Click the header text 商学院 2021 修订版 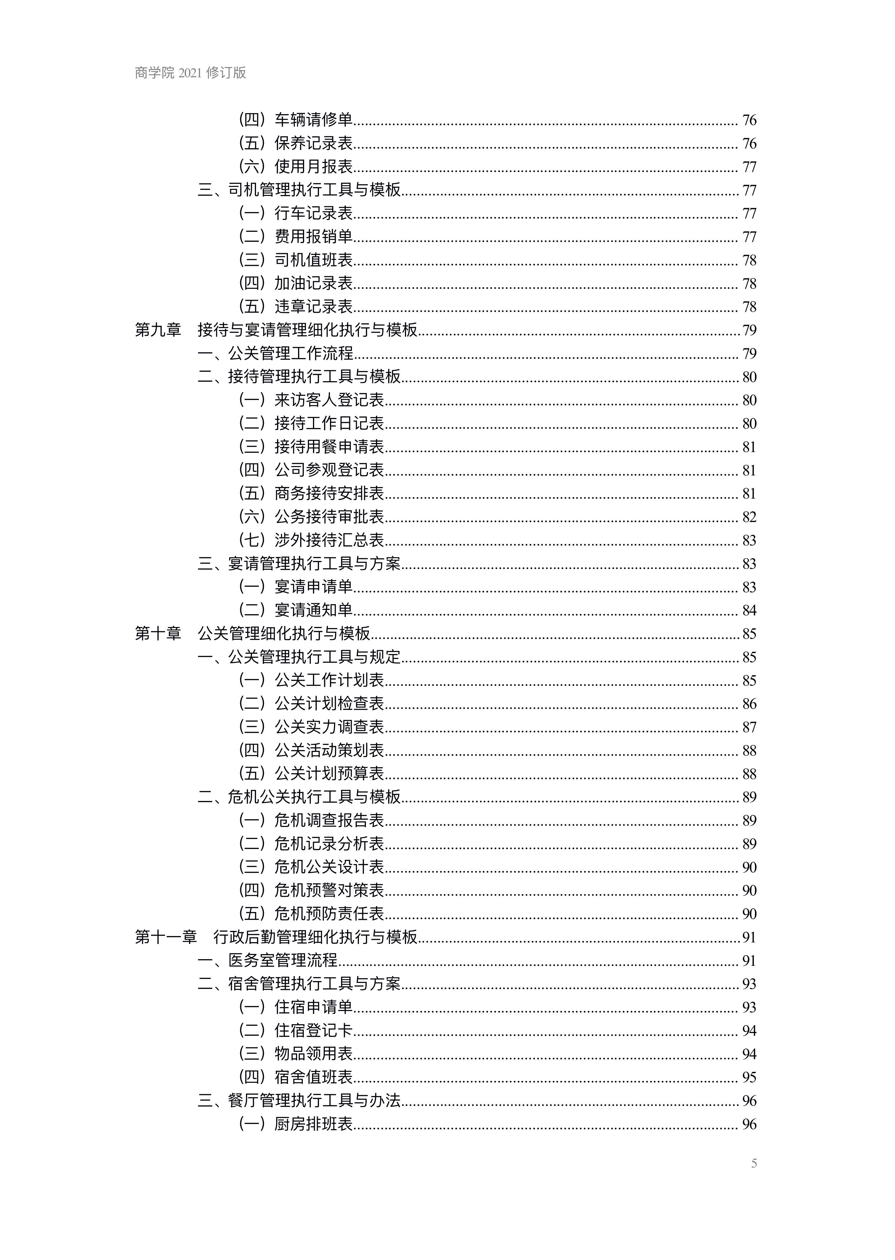coord(190,73)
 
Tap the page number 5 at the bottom coord(754,1163)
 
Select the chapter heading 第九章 coord(158,330)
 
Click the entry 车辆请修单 coord(314,120)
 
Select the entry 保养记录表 coord(314,143)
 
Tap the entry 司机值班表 coord(314,260)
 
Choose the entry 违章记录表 coord(314,307)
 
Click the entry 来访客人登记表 coord(329,400)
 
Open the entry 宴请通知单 coord(314,610)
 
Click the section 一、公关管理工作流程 coord(276,353)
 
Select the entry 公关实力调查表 coord(329,727)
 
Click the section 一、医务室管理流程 coord(268,960)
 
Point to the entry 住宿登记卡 coord(314,1030)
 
